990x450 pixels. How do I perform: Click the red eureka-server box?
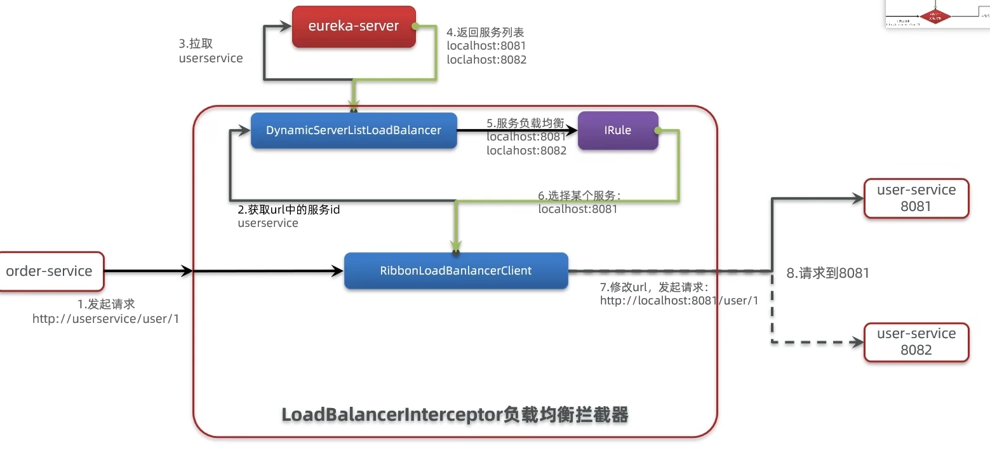coord(354,27)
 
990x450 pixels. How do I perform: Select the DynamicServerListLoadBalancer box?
coord(354,130)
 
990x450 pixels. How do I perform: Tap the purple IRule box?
coord(617,130)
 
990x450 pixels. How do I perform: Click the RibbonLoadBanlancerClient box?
coord(455,271)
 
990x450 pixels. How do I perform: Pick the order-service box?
coord(50,271)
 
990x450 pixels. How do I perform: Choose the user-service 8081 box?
coord(916,198)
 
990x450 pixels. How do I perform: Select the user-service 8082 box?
coord(916,342)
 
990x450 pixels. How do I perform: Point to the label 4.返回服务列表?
coord(486,32)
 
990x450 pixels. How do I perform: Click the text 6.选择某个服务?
coord(579,195)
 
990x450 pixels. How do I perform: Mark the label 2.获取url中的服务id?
coord(289,210)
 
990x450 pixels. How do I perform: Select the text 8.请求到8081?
coord(827,273)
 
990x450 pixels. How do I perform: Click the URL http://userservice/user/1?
coord(105,319)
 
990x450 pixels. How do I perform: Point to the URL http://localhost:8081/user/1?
coord(679,301)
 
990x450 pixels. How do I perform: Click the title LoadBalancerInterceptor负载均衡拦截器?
coord(455,415)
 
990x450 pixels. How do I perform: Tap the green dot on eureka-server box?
coord(415,27)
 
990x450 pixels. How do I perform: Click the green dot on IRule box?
coord(658,130)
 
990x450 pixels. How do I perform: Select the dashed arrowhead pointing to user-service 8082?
coord(857,342)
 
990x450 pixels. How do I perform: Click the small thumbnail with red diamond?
coord(936,14)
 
